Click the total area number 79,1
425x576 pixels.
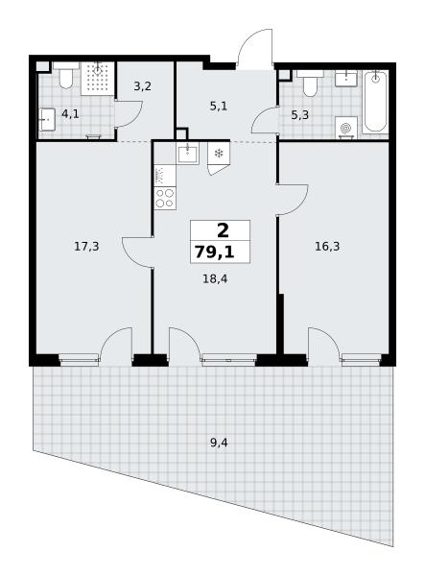[x=214, y=252]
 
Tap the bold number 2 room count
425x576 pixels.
[x=223, y=230]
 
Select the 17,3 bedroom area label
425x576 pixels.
[x=86, y=247]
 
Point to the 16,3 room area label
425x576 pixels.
[x=327, y=247]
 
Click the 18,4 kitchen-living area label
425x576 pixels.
[x=215, y=279]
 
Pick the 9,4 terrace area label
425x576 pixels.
[x=219, y=443]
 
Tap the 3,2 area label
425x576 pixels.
[x=142, y=86]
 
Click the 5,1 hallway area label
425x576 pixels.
[x=219, y=107]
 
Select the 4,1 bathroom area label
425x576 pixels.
[x=70, y=114]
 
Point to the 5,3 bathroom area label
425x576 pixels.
[x=300, y=115]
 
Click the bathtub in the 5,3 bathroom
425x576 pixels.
[x=375, y=102]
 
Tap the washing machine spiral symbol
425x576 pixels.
[x=346, y=129]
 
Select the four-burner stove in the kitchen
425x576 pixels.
[x=165, y=199]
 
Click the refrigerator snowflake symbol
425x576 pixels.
[x=219, y=153]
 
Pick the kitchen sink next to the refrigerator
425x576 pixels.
[x=188, y=153]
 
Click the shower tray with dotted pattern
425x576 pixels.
[x=98, y=79]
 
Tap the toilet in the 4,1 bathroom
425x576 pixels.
[x=66, y=75]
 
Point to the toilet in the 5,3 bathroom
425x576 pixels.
[x=310, y=84]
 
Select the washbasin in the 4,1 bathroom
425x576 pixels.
[x=47, y=119]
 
